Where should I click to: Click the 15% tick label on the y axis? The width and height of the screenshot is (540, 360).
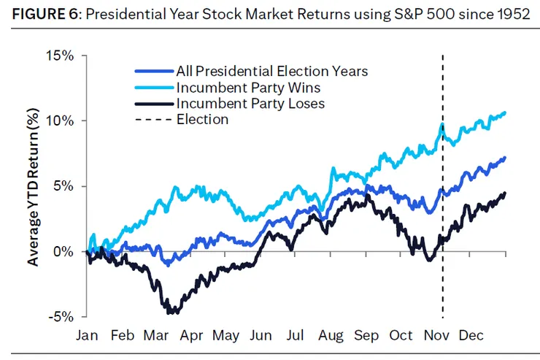point(61,55)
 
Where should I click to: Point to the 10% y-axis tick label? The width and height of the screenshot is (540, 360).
point(61,120)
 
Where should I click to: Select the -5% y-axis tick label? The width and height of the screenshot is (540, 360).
point(63,317)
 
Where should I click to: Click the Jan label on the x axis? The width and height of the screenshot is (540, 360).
point(87,335)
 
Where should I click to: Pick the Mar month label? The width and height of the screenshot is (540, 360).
point(157,335)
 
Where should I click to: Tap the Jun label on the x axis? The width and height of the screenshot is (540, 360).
point(261,335)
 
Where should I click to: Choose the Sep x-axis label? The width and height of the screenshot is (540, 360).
point(366,335)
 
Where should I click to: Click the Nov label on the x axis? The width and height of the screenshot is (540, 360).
point(436,335)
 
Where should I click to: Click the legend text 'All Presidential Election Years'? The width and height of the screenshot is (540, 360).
point(271,72)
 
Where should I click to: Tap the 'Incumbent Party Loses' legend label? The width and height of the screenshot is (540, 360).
point(250,104)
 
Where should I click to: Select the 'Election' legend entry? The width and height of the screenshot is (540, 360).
point(202,119)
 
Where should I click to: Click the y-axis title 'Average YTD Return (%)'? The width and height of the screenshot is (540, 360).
point(34,187)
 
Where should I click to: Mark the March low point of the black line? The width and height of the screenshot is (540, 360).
point(172,313)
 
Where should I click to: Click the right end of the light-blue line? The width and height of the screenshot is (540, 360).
point(505,112)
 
